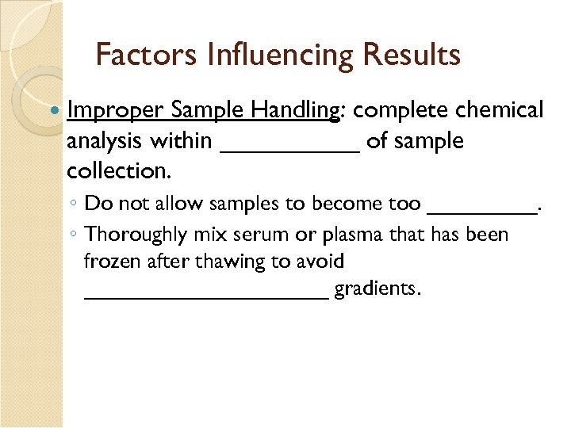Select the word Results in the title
point(412,55)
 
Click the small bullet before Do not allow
point(72,204)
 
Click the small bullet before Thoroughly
point(72,235)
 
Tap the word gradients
point(377,289)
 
